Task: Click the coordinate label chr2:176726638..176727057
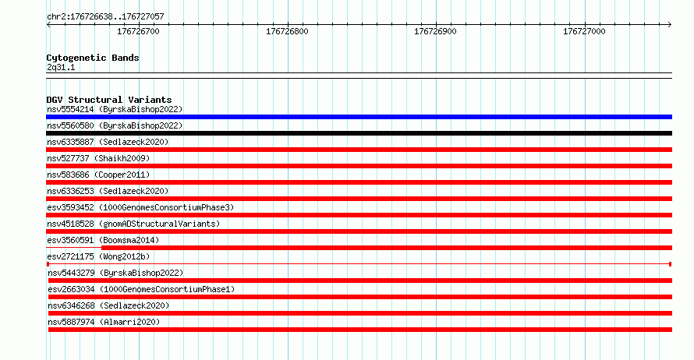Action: pyautogui.click(x=105, y=17)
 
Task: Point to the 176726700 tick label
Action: pyautogui.click(x=138, y=31)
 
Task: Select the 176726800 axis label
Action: pyautogui.click(x=287, y=31)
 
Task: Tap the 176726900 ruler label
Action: pyautogui.click(x=435, y=31)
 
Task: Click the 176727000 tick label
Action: pyautogui.click(x=584, y=31)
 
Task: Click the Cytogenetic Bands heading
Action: pyautogui.click(x=93, y=58)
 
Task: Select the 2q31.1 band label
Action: pyautogui.click(x=61, y=67)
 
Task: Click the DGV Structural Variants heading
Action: pyautogui.click(x=109, y=100)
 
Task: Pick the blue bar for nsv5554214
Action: pyautogui.click(x=359, y=117)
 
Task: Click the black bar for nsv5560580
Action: pyautogui.click(x=359, y=133)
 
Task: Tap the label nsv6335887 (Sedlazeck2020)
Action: pyautogui.click(x=108, y=142)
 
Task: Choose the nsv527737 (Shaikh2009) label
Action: pyautogui.click(x=98, y=158)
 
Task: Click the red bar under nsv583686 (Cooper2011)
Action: pyautogui.click(x=359, y=182)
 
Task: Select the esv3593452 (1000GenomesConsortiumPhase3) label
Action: pyautogui.click(x=140, y=207)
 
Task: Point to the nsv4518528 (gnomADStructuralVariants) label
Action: pyautogui.click(x=133, y=224)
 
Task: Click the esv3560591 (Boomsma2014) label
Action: pyautogui.click(x=103, y=240)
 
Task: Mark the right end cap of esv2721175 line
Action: pyautogui.click(x=670, y=264)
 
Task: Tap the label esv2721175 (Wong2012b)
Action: pyautogui.click(x=98, y=256)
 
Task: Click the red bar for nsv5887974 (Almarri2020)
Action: pyautogui.click(x=359, y=330)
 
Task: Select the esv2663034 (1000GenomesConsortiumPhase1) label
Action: pyautogui.click(x=141, y=289)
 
